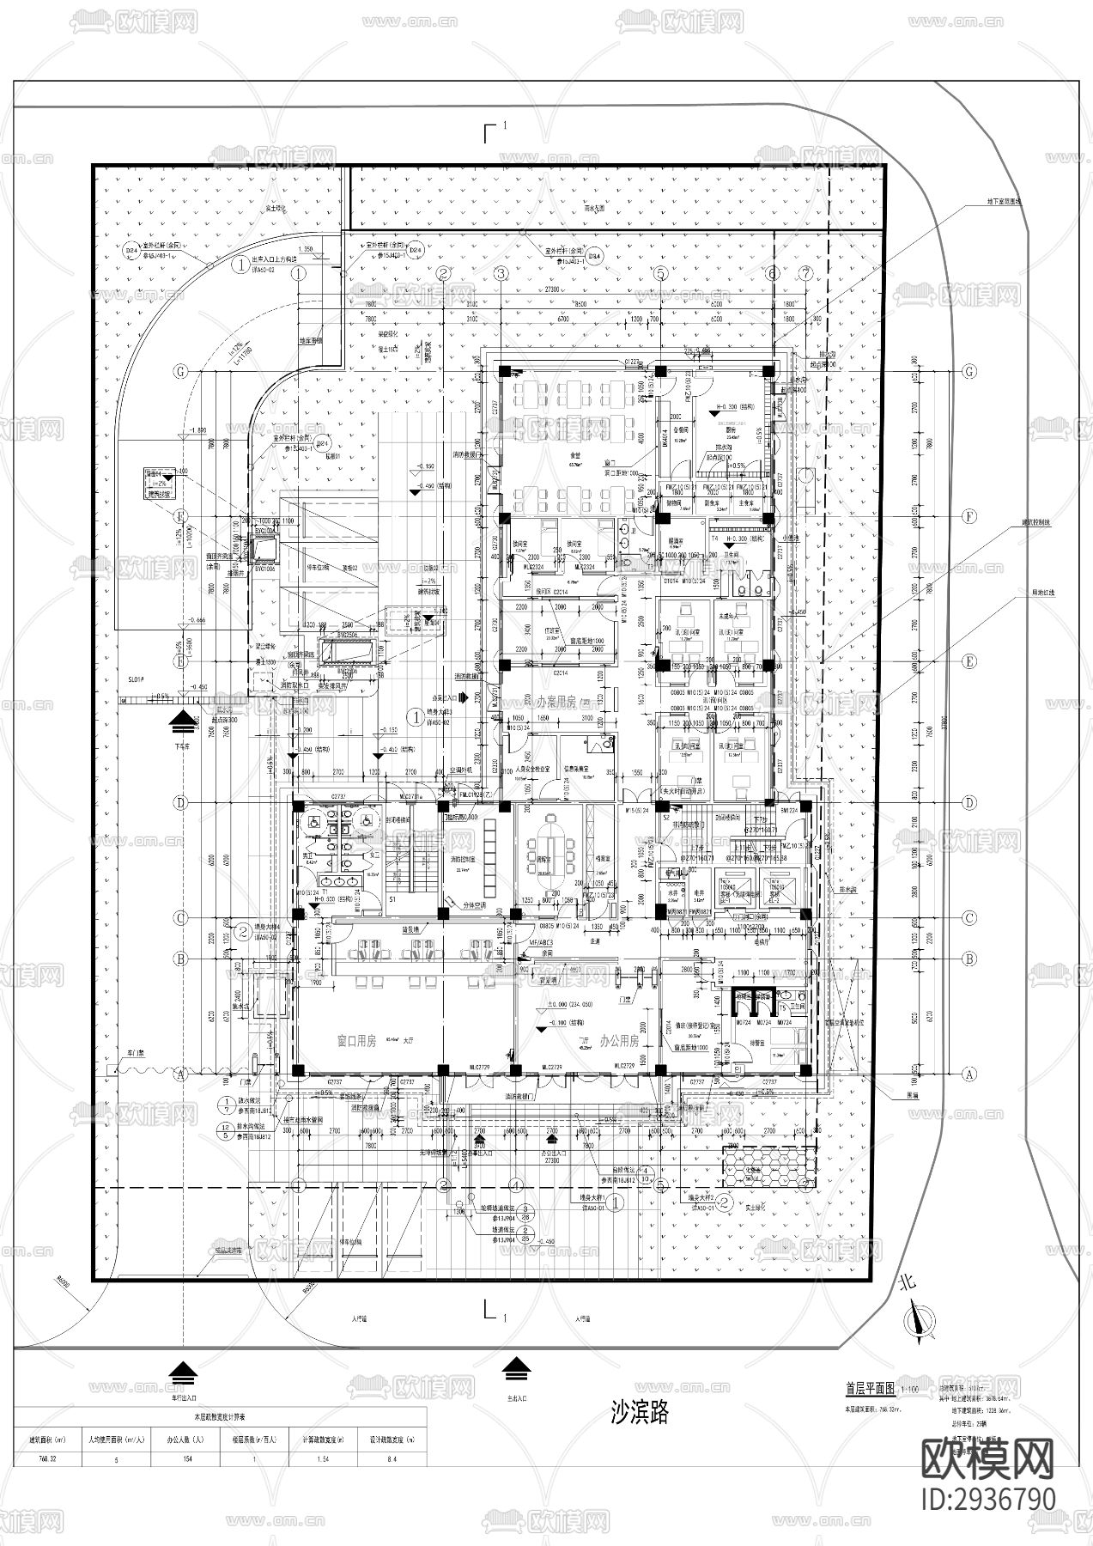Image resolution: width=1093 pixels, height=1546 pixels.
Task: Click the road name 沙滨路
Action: (638, 1411)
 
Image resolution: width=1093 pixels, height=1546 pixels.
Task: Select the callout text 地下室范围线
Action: (1004, 202)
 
